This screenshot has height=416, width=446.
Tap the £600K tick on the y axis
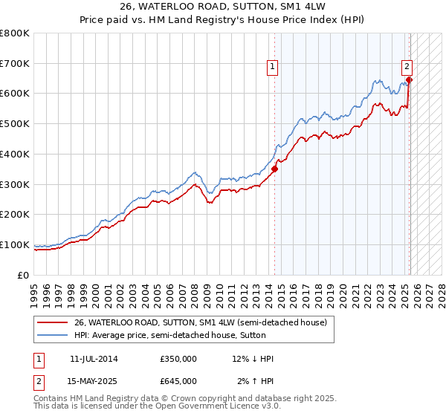coord(15,94)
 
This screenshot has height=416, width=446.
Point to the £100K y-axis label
coord(15,244)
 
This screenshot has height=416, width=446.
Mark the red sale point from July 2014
coord(274,169)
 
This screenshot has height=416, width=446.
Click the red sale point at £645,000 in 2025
coord(410,79)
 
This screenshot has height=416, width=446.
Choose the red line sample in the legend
coord(52,322)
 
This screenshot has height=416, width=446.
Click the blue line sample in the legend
coord(52,335)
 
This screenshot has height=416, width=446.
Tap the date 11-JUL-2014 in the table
coord(94,359)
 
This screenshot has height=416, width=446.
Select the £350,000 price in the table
coord(178,359)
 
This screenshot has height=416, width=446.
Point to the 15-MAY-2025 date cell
coord(94,380)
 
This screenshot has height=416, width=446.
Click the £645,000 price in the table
coord(178,380)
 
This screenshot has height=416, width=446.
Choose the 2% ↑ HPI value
coord(255,380)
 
